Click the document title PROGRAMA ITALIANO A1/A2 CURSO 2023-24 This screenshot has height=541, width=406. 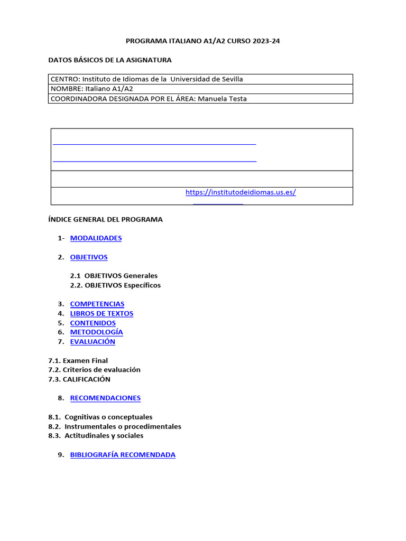coord(202,41)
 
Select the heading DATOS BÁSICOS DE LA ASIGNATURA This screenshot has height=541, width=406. coord(110,60)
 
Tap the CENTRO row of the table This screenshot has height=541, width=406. coord(147,79)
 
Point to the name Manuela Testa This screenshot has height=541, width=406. coord(222,98)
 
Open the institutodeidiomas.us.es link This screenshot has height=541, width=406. coord(241,192)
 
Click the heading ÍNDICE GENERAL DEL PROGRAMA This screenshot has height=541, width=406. coord(105,219)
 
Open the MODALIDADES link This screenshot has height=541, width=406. coord(96,238)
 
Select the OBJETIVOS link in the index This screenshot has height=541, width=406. coord(89,257)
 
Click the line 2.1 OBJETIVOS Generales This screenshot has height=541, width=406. coord(114,276)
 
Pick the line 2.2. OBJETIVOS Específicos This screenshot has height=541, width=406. coord(115,285)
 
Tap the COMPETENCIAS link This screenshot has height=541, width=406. coord(97,304)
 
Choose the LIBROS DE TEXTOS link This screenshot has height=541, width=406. coord(101,313)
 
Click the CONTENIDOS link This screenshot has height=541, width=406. coord(93,323)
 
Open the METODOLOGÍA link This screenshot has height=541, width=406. coord(96,332)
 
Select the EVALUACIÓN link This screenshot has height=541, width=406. coord(93,342)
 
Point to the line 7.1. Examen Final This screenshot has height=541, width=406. coord(78,361)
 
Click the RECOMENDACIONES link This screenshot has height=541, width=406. coord(105,398)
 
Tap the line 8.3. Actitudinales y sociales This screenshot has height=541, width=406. coord(96,436)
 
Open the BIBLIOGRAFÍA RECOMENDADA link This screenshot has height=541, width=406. coord(123,455)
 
